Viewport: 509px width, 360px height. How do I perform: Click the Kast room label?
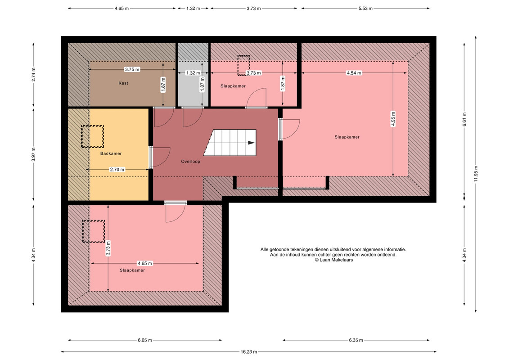(x=123, y=83)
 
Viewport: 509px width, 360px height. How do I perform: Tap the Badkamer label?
(x=111, y=153)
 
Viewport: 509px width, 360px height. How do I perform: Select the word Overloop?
(x=190, y=162)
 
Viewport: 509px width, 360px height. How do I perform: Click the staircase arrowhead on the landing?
(x=251, y=143)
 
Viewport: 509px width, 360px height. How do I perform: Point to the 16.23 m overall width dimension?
(x=249, y=351)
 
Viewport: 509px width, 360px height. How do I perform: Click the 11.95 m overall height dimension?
(x=476, y=174)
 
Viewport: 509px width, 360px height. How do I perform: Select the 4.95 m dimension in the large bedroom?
(x=393, y=119)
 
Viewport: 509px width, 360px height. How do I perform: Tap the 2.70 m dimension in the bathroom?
(x=117, y=170)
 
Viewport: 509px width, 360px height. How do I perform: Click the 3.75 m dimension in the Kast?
(x=132, y=69)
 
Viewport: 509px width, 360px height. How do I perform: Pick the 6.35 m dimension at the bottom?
(x=356, y=340)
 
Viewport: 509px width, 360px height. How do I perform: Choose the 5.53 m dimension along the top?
(x=365, y=9)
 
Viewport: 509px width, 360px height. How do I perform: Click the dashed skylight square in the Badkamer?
(x=92, y=137)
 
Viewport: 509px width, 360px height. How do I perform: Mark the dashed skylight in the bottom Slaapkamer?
(x=93, y=231)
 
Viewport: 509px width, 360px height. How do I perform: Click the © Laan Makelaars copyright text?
(x=333, y=260)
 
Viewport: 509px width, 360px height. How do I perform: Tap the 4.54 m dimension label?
(x=354, y=73)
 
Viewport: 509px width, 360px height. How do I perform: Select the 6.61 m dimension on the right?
(x=464, y=119)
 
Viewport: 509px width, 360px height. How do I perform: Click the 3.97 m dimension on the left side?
(x=33, y=154)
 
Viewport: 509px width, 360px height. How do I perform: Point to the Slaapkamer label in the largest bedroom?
(x=347, y=137)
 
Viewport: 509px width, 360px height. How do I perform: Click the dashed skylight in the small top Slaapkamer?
(x=243, y=65)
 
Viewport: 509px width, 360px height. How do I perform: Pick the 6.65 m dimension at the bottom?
(x=145, y=340)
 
